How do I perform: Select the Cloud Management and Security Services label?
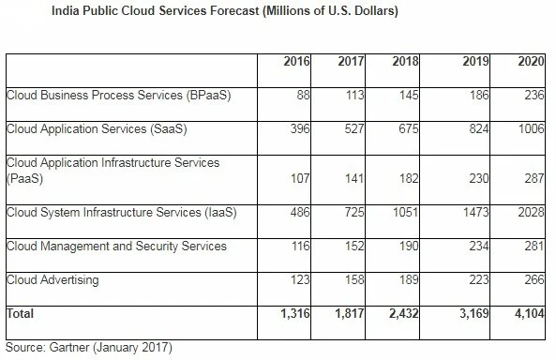115,246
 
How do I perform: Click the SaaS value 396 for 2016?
301,127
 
